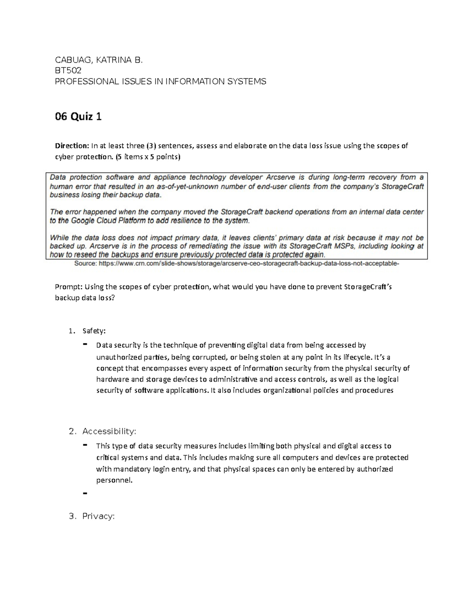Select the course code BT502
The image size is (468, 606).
tap(68, 71)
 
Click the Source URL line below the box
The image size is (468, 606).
tap(237, 264)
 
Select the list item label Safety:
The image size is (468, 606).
tap(94, 331)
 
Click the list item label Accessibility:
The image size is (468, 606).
tap(109, 431)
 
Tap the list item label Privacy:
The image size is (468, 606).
tap(98, 516)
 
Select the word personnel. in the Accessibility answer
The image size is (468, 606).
tap(114, 480)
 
